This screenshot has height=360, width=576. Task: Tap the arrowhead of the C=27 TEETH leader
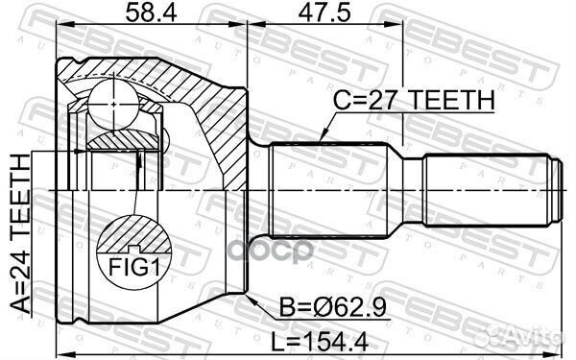pyautogui.click(x=318, y=141)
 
